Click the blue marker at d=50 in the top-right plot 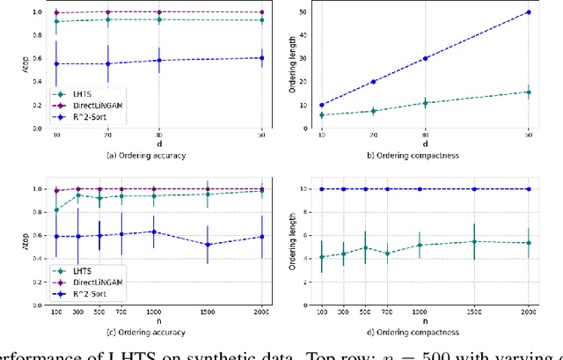tap(528, 12)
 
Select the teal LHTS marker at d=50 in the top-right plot tap(528, 92)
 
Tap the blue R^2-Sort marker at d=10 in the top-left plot tap(57, 63)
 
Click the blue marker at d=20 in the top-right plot tap(373, 82)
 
